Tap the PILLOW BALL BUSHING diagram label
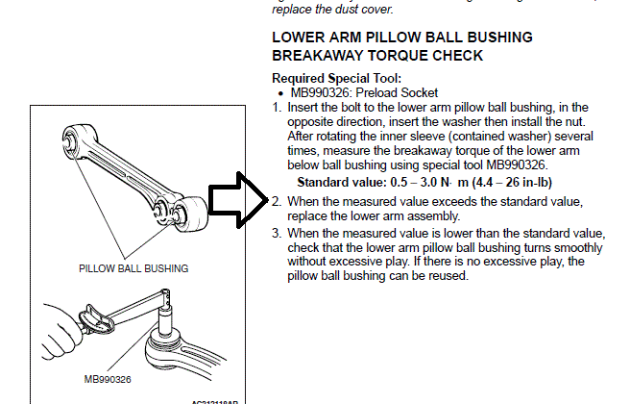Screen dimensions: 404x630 133,267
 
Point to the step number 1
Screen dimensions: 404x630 277,108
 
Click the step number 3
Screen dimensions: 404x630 277,234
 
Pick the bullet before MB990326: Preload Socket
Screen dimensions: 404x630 279,93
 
